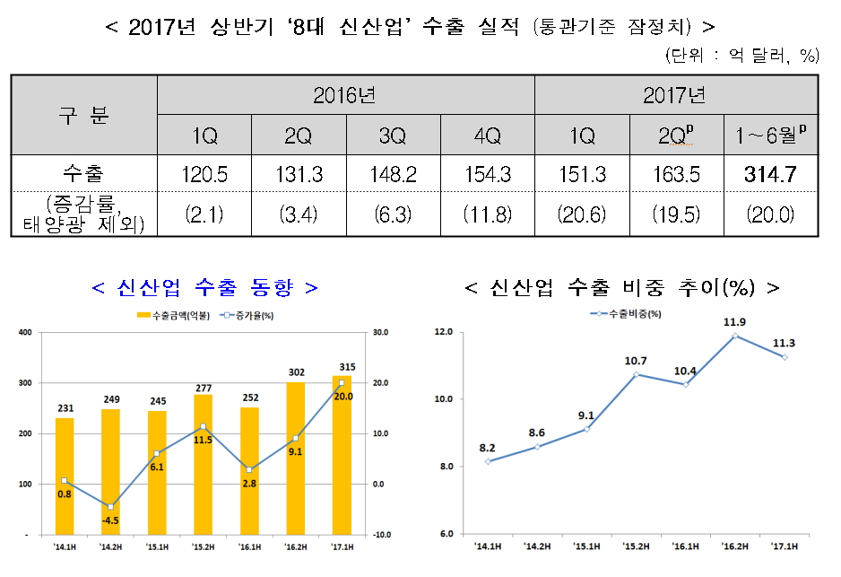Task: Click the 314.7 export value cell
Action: click(x=771, y=175)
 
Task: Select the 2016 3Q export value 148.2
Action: click(x=393, y=175)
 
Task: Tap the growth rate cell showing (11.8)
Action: click(x=488, y=214)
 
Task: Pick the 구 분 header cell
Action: click(x=84, y=115)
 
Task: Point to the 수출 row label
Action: click(x=84, y=175)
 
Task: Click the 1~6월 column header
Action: click(x=771, y=136)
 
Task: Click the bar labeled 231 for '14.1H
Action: click(x=65, y=476)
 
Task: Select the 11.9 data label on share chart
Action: click(x=734, y=320)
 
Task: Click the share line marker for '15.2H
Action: click(x=636, y=374)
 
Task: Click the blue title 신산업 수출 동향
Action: click(x=204, y=287)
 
